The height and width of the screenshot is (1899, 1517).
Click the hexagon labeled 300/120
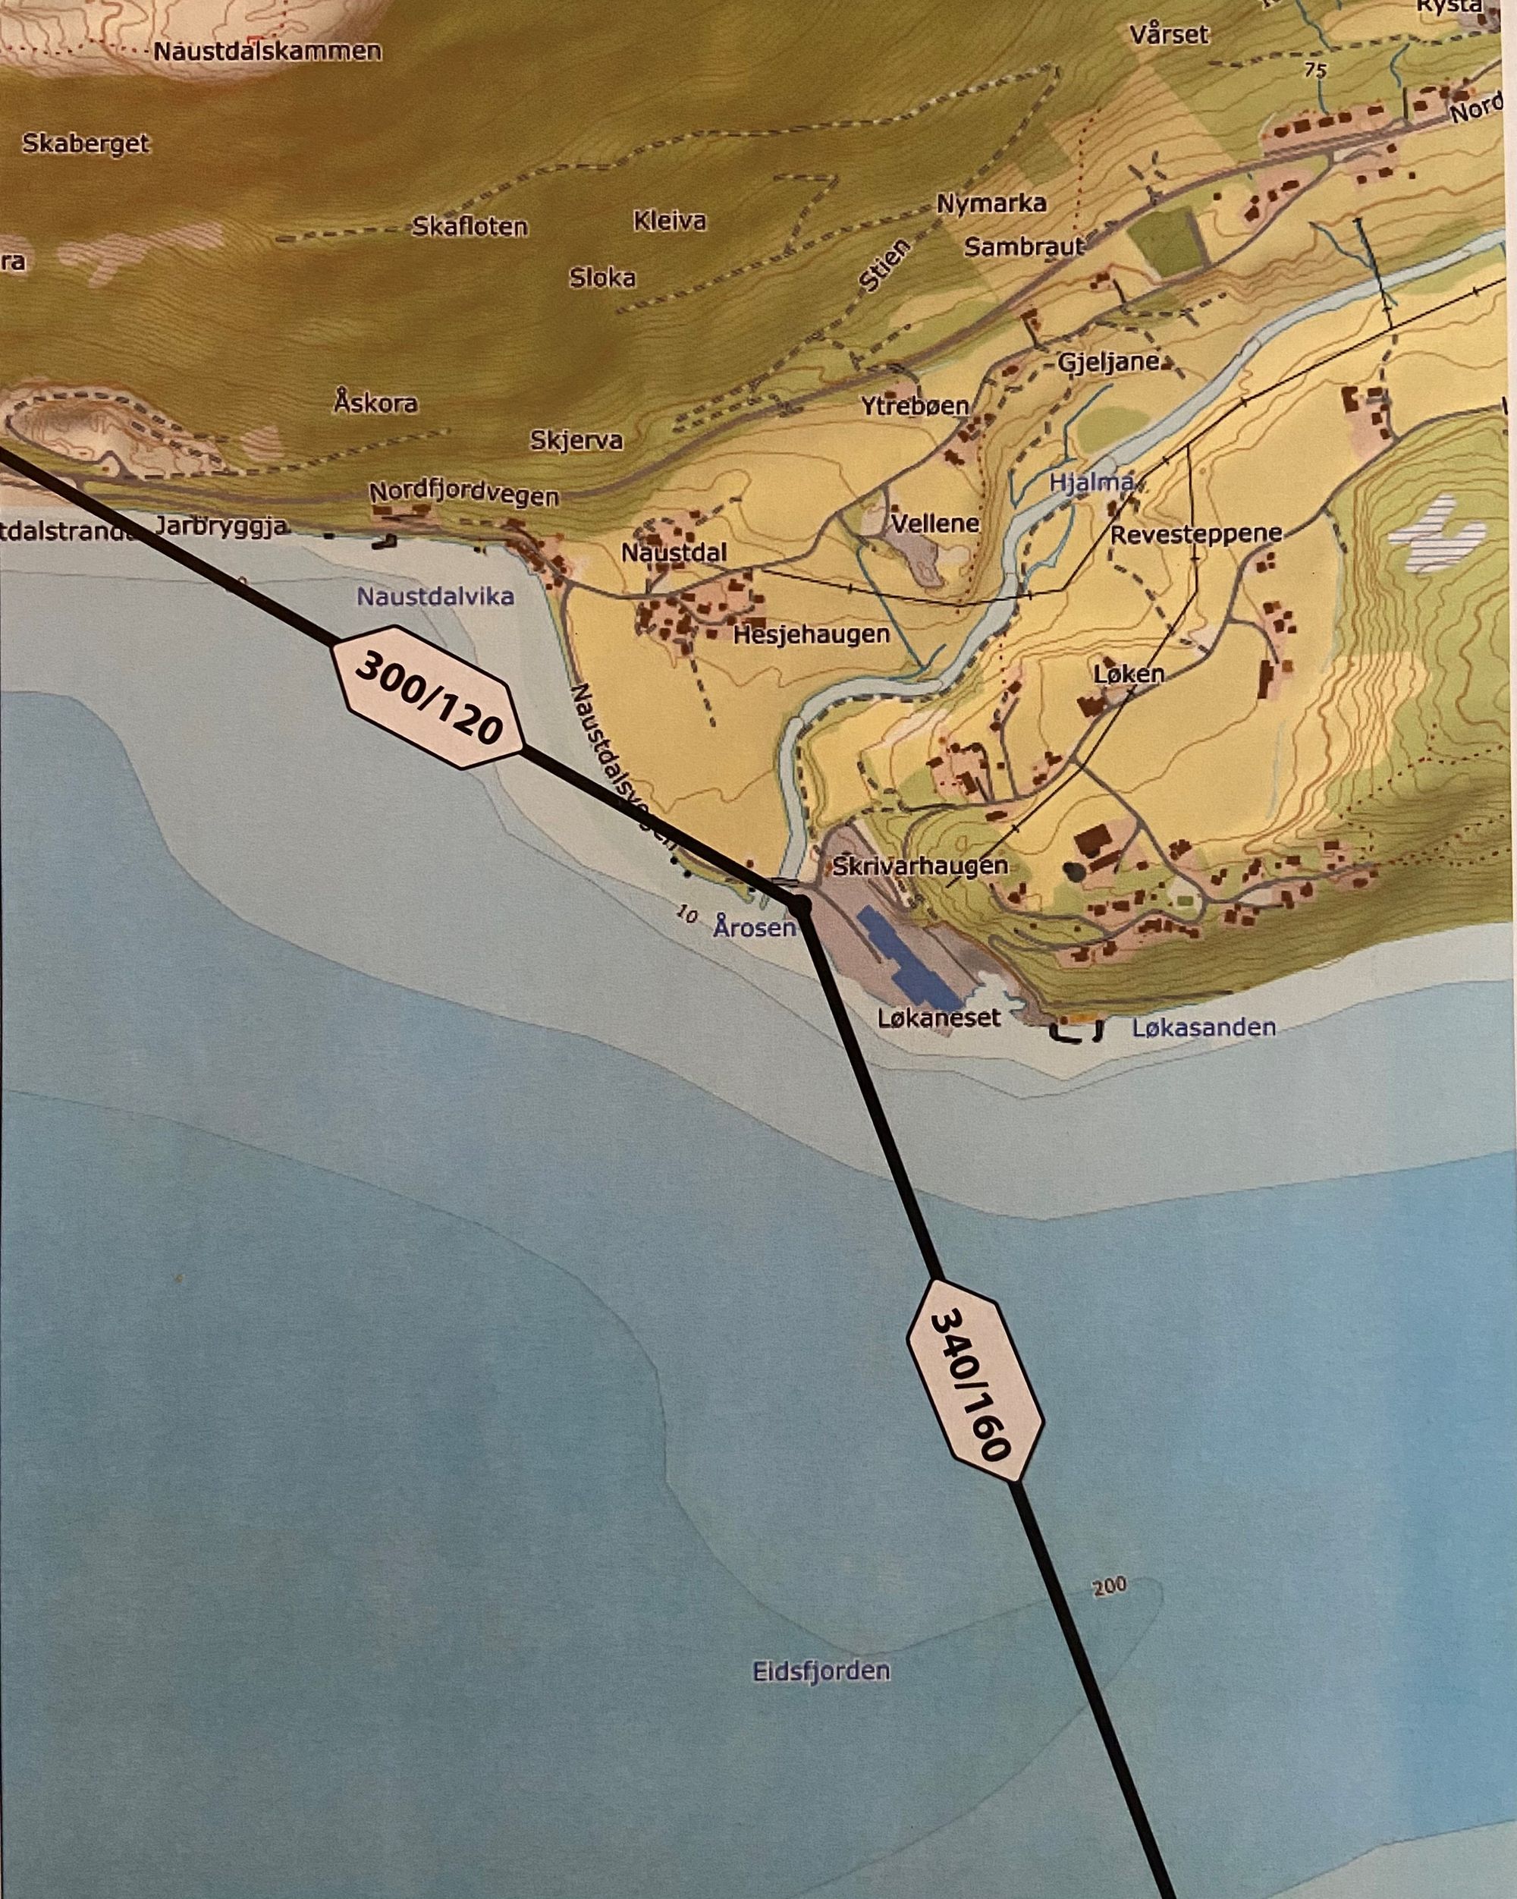427,696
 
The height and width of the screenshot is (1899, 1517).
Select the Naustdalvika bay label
435,597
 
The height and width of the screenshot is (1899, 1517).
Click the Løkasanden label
1204,1027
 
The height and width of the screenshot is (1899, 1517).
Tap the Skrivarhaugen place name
920,865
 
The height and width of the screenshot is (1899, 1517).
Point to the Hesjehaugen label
811,634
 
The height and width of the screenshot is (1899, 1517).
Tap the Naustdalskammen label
268,51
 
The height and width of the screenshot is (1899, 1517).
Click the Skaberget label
86,143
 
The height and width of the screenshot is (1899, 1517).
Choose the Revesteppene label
1195,534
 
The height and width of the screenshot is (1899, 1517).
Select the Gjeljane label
1107,363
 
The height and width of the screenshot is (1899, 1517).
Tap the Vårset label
1169,34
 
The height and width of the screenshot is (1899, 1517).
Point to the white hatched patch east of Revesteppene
1435,533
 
